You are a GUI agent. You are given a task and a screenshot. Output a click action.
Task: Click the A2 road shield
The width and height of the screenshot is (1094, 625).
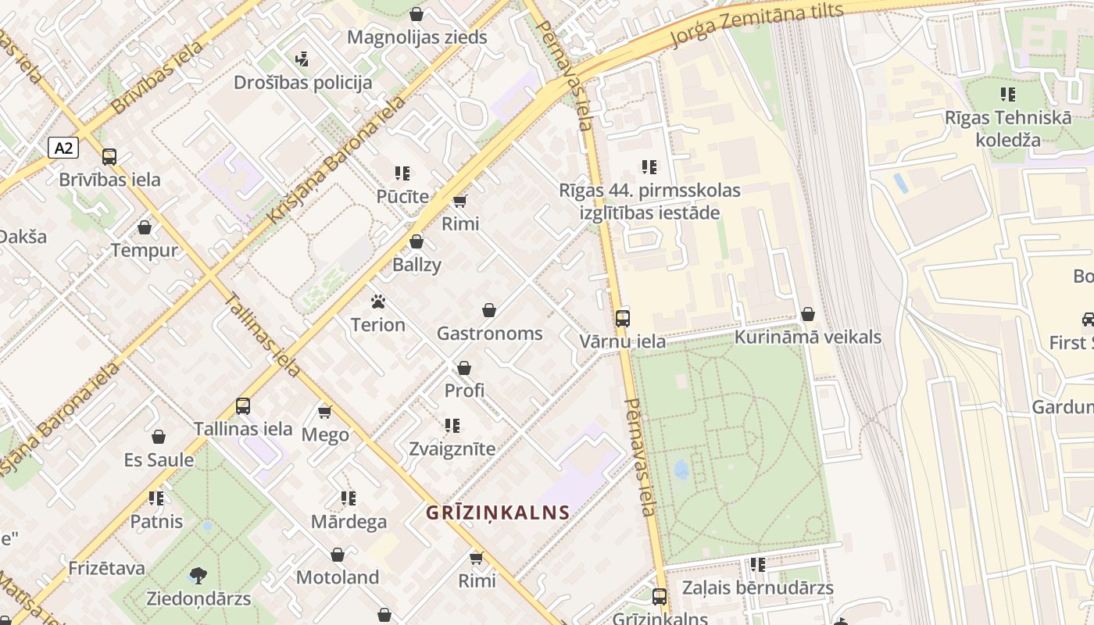[63, 148]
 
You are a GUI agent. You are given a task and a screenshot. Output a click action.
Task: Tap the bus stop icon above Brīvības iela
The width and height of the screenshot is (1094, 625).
[109, 157]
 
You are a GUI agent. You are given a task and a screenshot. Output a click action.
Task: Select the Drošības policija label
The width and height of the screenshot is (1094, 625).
[303, 82]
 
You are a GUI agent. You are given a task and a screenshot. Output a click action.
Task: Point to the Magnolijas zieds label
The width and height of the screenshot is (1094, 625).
[417, 37]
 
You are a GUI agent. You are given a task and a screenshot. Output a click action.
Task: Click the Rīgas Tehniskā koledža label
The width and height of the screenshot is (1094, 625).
[1008, 129]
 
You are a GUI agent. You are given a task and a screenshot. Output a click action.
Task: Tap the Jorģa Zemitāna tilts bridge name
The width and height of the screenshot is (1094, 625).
[759, 24]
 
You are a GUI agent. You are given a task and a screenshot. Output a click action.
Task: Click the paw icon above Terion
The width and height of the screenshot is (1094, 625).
[378, 302]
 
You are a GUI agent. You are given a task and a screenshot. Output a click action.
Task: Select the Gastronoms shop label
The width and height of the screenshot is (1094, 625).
[489, 334]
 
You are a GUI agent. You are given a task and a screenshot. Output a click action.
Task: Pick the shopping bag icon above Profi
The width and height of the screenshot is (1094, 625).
[464, 368]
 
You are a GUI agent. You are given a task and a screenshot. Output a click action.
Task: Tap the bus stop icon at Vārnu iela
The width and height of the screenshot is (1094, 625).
[623, 319]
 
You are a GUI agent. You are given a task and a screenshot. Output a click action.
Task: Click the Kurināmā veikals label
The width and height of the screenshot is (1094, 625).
[807, 337]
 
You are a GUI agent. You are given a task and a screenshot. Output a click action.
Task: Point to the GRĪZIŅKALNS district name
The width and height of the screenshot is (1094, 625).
[498, 512]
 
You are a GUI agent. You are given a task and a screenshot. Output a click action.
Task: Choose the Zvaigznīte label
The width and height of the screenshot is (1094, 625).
[452, 449]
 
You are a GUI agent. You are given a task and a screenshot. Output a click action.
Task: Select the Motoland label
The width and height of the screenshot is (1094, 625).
[338, 577]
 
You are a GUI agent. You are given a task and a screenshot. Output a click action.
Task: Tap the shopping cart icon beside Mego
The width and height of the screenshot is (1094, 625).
[325, 412]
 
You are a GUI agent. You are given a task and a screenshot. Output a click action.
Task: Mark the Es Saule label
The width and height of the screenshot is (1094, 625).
[159, 459]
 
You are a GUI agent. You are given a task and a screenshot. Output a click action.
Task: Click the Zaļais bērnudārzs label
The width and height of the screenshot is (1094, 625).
[757, 587]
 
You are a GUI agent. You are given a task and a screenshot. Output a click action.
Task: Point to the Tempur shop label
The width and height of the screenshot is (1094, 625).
[145, 251]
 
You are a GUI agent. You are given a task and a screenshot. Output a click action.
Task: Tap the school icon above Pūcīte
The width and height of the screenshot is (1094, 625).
[402, 173]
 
